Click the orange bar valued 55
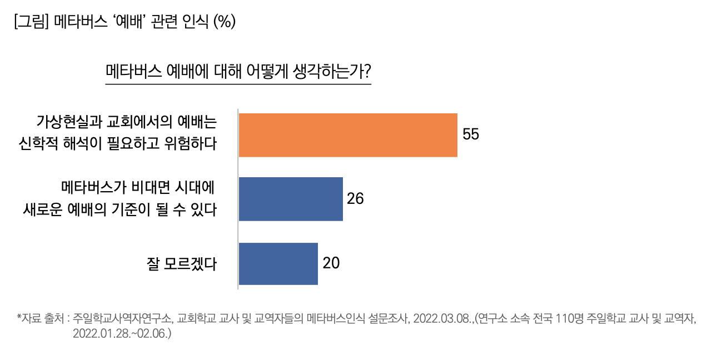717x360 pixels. tap(348, 135)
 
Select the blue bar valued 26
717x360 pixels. tap(291, 199)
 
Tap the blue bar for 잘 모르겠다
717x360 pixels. tap(278, 263)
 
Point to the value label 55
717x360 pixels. tap(471, 135)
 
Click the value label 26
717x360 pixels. tap(355, 199)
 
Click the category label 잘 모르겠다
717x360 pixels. tap(181, 263)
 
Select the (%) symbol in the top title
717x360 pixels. tap(225, 22)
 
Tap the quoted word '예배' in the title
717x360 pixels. tap(126, 22)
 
